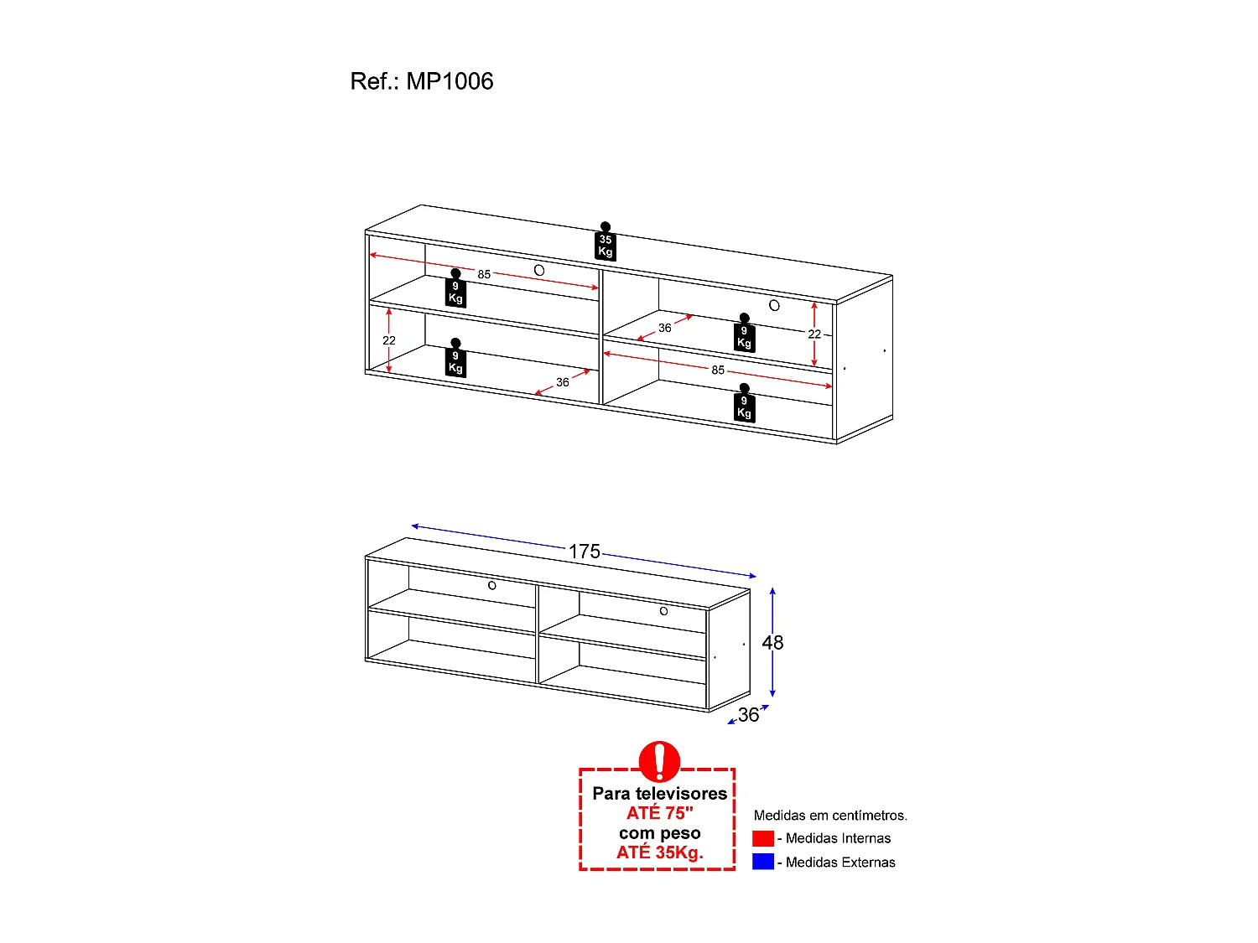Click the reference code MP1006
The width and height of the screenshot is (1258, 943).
tap(450, 81)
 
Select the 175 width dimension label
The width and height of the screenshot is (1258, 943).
tap(585, 552)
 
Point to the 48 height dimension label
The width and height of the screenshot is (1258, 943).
tap(772, 642)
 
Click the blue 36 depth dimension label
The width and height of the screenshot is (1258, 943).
tap(748, 715)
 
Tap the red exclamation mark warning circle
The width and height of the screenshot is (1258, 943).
tap(659, 761)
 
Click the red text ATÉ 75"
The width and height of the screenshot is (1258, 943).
tap(659, 813)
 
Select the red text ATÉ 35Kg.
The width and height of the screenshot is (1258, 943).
tap(659, 852)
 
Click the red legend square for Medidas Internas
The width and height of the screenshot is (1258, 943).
tap(763, 838)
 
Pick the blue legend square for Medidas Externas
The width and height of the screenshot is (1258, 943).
tap(763, 862)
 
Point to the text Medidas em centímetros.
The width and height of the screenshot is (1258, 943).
tap(830, 816)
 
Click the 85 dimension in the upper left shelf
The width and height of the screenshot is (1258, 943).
tap(484, 274)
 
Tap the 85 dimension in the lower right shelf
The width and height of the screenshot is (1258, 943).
tap(718, 370)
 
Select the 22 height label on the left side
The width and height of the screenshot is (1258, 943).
tap(389, 340)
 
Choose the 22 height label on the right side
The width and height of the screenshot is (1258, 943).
tap(814, 334)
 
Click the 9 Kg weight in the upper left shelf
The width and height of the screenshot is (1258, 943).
tap(455, 290)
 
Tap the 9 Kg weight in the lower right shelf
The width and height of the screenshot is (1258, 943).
tap(744, 405)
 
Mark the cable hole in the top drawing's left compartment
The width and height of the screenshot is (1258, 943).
tap(539, 270)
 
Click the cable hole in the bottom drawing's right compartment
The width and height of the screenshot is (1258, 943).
tap(663, 611)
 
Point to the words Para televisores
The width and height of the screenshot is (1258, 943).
tap(659, 793)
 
